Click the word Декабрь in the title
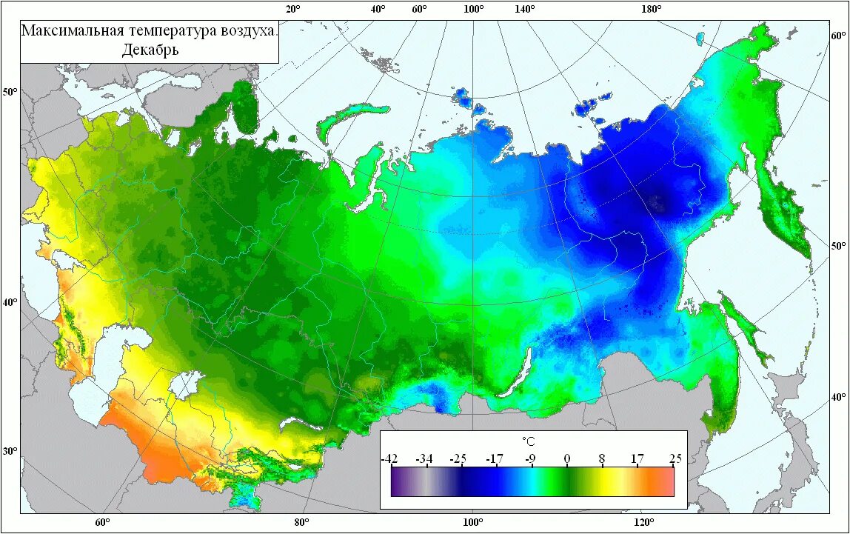click(x=150, y=50)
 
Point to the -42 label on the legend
click(x=389, y=458)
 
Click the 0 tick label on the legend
click(x=567, y=458)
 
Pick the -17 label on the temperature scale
click(x=495, y=458)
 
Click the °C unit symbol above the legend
click(x=528, y=441)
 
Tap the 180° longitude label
click(x=652, y=9)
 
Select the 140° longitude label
click(x=524, y=9)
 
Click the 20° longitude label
click(x=292, y=9)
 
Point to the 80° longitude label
click(x=301, y=522)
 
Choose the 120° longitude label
click(x=643, y=522)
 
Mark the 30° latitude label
click(x=10, y=451)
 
